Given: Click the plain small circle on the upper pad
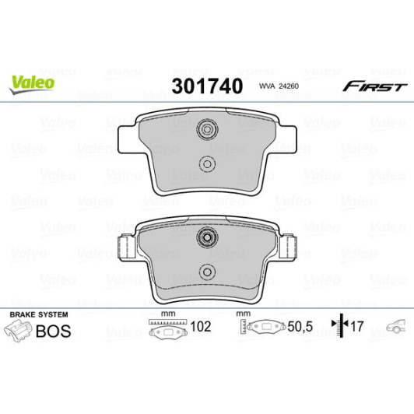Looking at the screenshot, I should point(206,163).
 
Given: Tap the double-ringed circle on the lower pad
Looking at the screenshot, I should point(206,238).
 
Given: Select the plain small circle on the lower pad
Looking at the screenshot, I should point(206,272).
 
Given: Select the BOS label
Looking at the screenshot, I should point(54,331).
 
